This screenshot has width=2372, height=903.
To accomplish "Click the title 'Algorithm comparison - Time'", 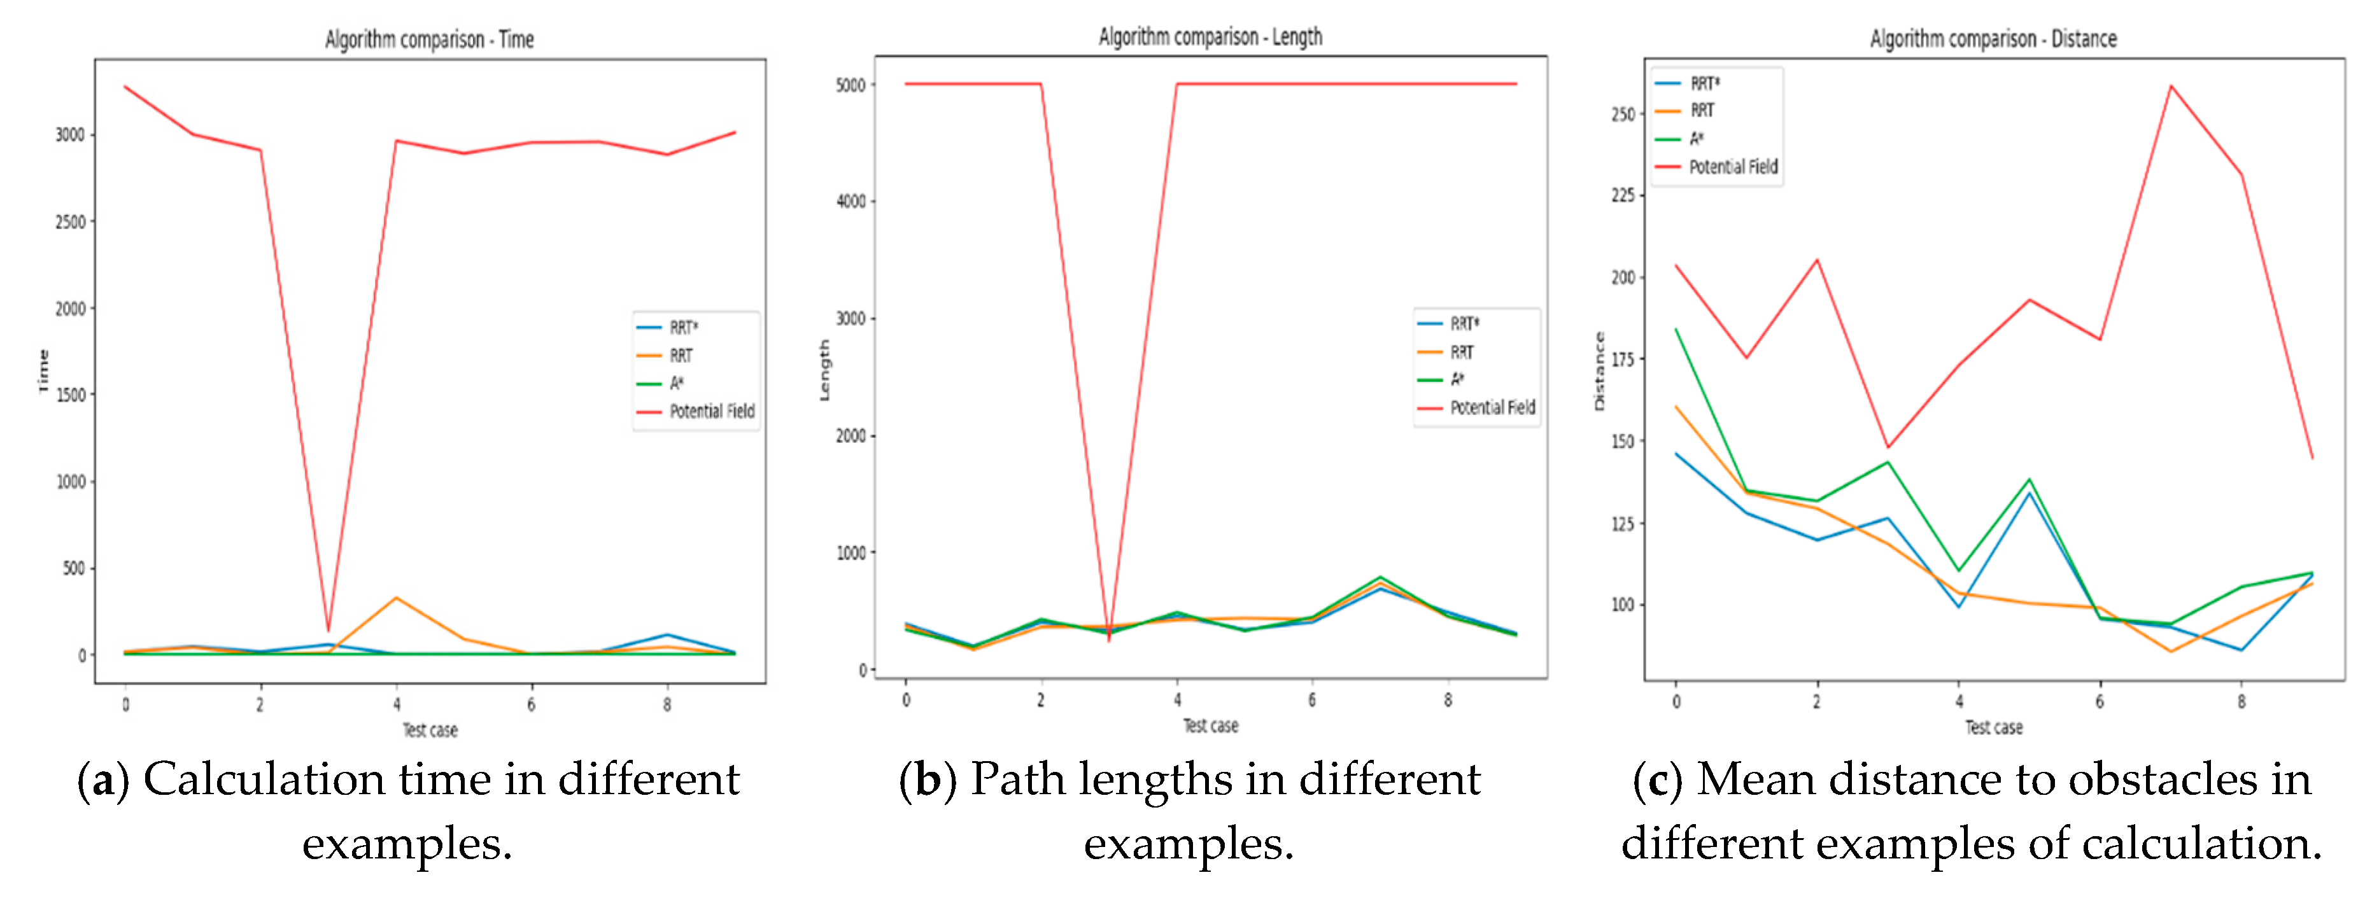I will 429,39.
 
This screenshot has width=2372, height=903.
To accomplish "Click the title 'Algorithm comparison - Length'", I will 1210,37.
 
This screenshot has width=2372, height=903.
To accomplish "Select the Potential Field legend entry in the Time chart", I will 711,412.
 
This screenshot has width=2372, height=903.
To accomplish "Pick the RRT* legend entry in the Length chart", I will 1464,324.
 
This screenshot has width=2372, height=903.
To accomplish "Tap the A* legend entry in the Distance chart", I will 1696,139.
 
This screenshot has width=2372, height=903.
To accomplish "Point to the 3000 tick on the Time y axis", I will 70,136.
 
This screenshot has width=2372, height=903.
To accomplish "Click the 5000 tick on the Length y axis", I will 850,85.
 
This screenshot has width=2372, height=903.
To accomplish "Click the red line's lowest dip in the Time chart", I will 328,631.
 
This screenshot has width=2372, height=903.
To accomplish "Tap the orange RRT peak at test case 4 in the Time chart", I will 396,598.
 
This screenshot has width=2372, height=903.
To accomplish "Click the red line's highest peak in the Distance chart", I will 2170,87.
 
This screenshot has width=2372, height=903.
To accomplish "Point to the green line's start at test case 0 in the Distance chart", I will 1676,330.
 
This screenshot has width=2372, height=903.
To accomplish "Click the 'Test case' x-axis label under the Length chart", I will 1210,726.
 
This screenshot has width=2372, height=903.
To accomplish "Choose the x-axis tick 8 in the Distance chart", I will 2241,701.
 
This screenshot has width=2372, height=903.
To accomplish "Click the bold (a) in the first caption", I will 103,781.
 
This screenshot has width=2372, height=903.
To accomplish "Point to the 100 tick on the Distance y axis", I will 1623,605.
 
